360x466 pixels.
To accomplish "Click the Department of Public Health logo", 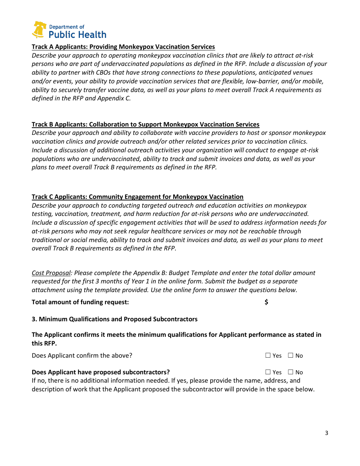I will [x=69, y=30].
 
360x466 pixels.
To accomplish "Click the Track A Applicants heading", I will [x=123, y=47].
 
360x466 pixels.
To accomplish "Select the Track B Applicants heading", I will [x=146, y=125].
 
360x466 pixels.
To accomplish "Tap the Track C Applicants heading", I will [x=138, y=197].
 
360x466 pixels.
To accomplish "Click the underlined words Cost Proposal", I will [x=51, y=273].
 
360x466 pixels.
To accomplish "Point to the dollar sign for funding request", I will [x=266, y=302].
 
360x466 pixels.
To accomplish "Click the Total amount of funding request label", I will [x=80, y=302].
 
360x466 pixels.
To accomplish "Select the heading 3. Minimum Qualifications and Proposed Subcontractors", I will [x=114, y=319].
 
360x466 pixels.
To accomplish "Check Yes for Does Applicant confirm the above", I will [x=268, y=355].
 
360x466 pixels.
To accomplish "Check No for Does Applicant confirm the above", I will [x=291, y=355].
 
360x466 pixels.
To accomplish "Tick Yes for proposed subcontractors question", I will [x=268, y=372].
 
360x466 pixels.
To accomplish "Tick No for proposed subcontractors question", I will [x=291, y=372].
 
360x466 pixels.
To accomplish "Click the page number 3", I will [x=326, y=433].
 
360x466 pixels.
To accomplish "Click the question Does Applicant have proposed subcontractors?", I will [x=101, y=372].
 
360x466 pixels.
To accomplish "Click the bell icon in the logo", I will [x=39, y=30].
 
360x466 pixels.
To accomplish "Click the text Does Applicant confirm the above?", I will [x=82, y=356].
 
